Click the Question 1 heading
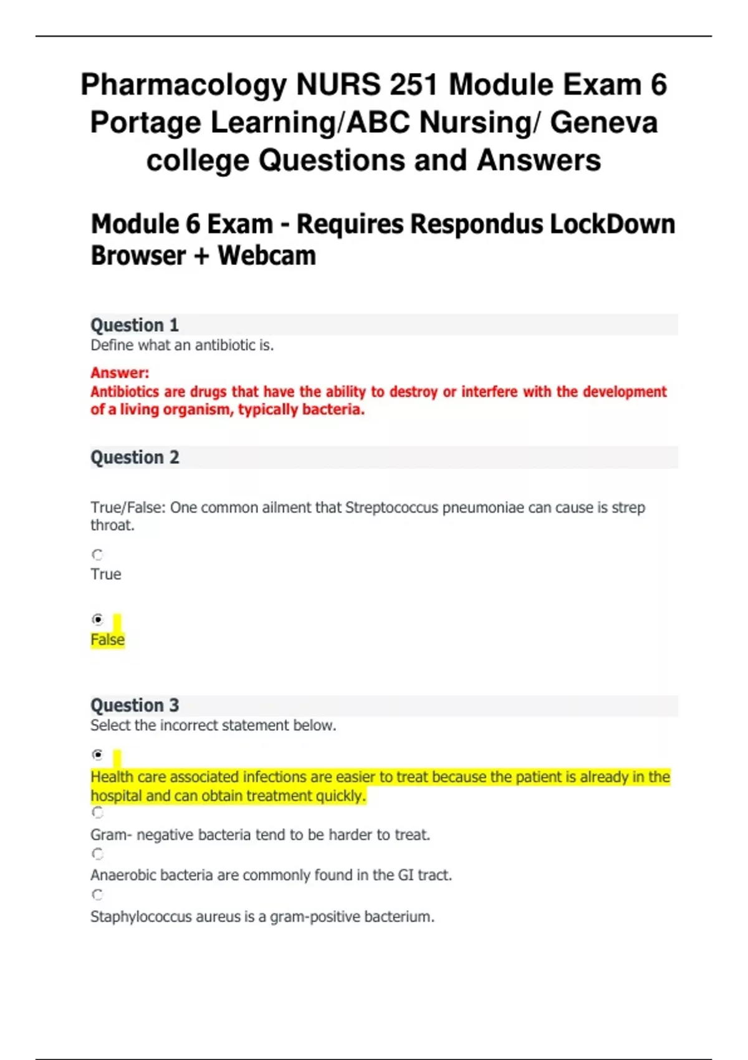[135, 325]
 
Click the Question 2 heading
[135, 457]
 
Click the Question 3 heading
[135, 705]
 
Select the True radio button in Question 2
[97, 554]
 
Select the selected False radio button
[97, 619]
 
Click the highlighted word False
[107, 640]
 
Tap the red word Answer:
[120, 373]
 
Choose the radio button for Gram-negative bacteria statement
[97, 812]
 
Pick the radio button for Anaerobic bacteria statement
[97, 854]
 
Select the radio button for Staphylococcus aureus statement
[97, 895]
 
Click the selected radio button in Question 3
[97, 754]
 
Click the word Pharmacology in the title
[183, 85]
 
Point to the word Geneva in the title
[603, 122]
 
